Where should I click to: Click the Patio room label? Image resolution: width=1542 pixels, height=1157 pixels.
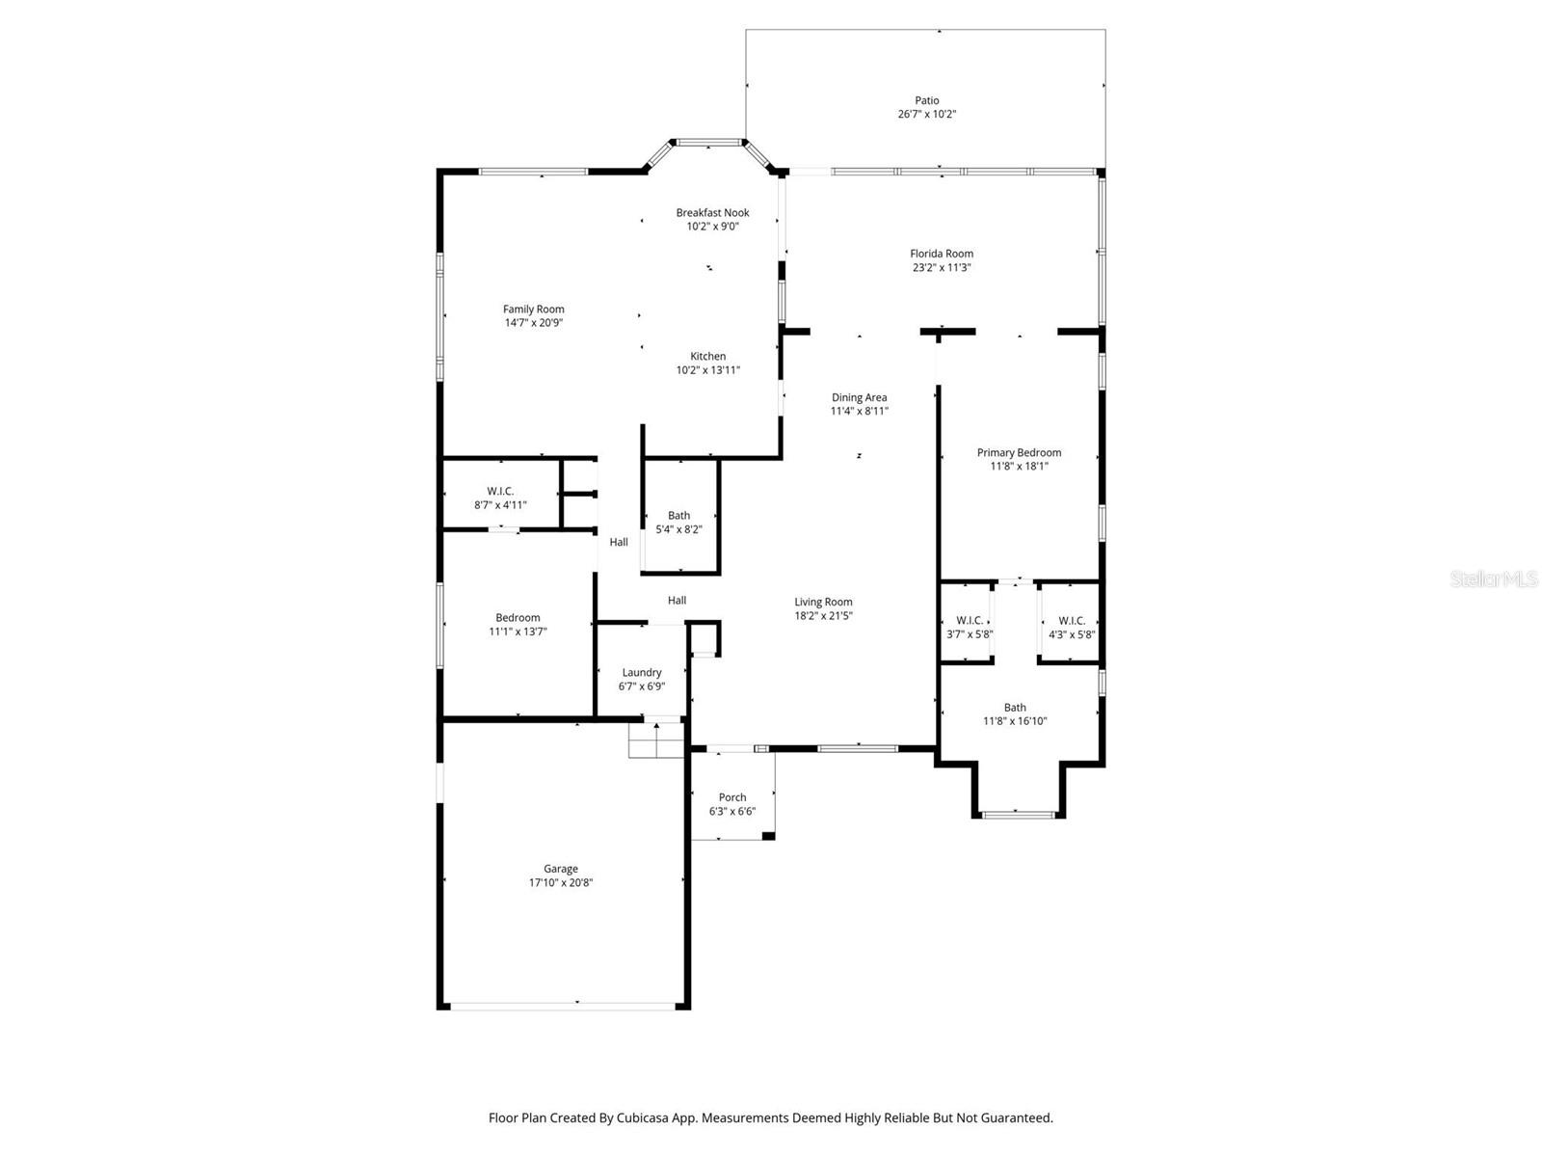click(x=926, y=100)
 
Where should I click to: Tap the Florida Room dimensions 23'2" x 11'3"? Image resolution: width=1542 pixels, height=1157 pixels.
click(x=942, y=268)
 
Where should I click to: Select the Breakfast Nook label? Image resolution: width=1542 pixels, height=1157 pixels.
click(x=712, y=212)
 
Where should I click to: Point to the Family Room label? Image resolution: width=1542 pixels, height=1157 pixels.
click(x=533, y=309)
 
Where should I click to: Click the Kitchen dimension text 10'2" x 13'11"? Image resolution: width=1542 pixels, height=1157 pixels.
click(x=708, y=370)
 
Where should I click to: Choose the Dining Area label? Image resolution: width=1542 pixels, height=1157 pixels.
click(x=859, y=397)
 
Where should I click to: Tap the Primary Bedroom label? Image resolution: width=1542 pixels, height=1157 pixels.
click(x=1019, y=452)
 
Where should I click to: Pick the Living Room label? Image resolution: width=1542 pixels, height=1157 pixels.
click(x=823, y=602)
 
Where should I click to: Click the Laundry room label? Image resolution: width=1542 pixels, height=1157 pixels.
click(x=642, y=672)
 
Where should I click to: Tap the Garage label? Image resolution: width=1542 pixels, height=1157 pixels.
click(x=560, y=869)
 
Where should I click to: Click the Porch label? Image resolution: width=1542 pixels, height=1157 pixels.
click(x=732, y=797)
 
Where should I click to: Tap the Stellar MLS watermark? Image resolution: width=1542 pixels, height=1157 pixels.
click(x=1494, y=579)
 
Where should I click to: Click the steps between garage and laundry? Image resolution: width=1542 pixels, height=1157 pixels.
click(x=655, y=740)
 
